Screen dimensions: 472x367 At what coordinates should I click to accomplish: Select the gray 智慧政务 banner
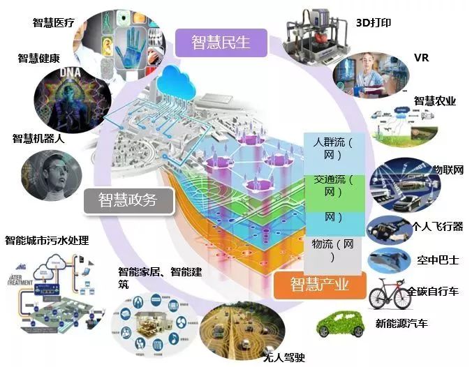(x=128, y=200)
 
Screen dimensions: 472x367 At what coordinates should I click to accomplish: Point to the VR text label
(x=421, y=58)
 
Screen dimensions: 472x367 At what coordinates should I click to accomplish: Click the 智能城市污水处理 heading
(x=47, y=241)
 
